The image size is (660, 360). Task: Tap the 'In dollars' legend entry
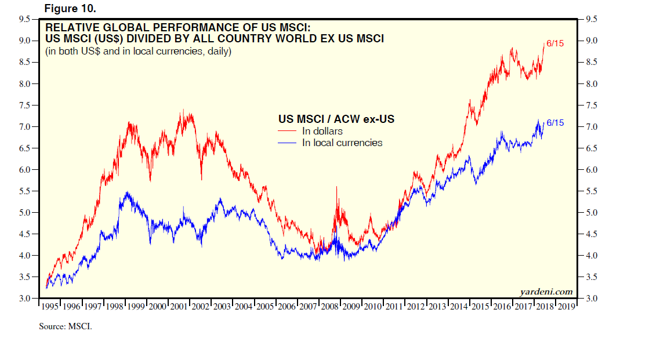click(x=322, y=132)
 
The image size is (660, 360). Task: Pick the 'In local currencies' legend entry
click(x=342, y=143)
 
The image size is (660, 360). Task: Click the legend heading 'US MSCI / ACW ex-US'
click(x=336, y=119)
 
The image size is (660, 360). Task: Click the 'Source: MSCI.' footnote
click(x=66, y=326)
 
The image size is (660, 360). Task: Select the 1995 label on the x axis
click(x=50, y=307)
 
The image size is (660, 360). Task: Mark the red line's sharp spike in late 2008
click(x=337, y=188)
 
